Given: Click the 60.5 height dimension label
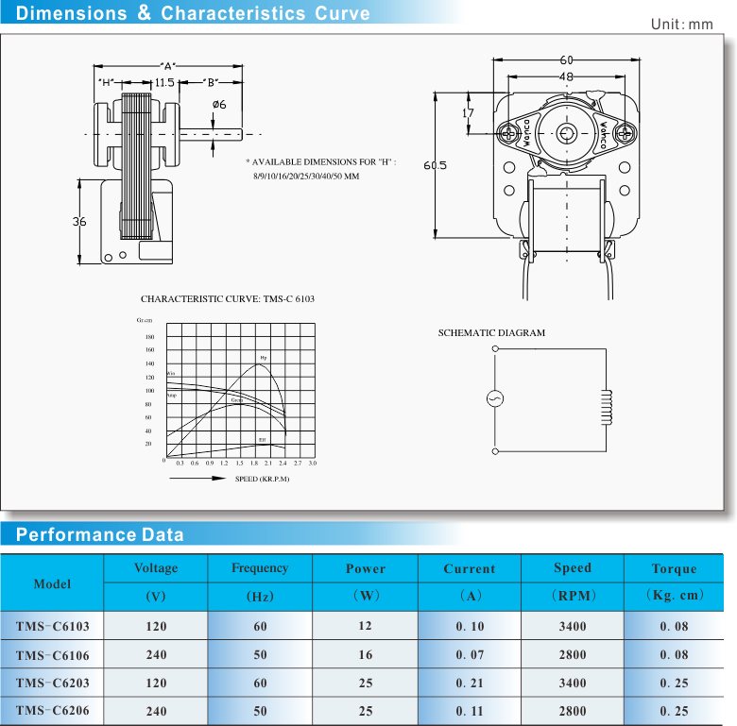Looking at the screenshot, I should click(435, 166).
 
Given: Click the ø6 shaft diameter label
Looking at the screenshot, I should click(218, 104).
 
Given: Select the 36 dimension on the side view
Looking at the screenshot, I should click(79, 222).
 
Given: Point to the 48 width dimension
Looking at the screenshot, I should click(566, 76).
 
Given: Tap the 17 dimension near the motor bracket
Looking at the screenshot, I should click(469, 113).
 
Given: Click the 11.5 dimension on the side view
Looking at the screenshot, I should click(164, 83).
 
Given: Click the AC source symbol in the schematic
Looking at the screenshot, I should click(494, 399).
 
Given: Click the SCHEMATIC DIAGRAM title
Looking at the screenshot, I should click(491, 333).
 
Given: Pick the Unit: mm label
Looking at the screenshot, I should click(681, 24).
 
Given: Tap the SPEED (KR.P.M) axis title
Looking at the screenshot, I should click(262, 479).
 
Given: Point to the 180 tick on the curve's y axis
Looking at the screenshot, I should click(149, 337).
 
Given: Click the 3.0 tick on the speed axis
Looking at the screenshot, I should click(312, 464).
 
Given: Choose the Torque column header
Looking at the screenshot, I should click(674, 568).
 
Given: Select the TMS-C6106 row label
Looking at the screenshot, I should click(53, 654).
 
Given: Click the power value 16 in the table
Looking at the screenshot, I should click(365, 654).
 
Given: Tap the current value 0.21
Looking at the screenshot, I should click(469, 683).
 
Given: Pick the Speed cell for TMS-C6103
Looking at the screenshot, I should click(572, 626).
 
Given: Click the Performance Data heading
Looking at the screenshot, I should click(100, 535).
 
